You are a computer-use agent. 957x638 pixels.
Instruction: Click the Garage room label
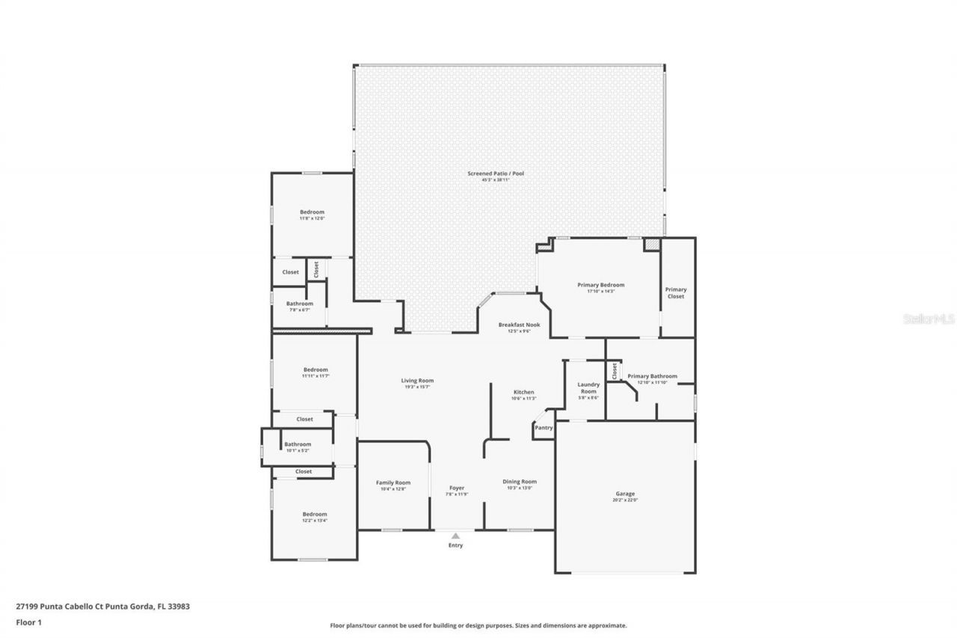tap(625, 494)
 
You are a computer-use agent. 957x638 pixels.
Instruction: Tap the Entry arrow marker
tap(455, 536)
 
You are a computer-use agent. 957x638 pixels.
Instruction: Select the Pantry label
tap(544, 428)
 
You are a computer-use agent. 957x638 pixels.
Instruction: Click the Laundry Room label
tap(588, 388)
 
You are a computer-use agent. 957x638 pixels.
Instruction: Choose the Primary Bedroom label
tap(600, 285)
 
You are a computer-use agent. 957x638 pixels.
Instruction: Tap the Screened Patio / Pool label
tap(496, 174)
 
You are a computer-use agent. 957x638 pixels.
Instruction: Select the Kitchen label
tap(523, 393)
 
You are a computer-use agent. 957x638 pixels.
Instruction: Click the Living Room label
tap(417, 381)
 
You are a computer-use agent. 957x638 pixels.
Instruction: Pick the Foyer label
tap(457, 488)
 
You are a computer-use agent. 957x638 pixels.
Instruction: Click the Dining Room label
tap(520, 482)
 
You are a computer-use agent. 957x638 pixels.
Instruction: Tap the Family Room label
tap(393, 482)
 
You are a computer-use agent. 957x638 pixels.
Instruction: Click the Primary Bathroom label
tap(652, 376)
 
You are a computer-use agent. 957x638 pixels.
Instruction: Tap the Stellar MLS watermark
tap(929, 319)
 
